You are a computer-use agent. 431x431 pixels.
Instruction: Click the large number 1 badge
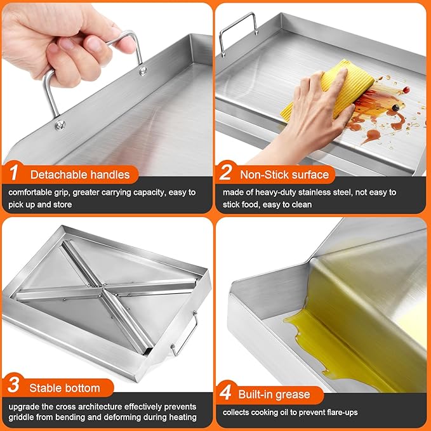(x=14, y=173)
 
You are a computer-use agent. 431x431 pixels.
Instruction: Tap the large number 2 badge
(x=225, y=172)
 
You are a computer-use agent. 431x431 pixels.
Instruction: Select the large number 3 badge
(x=13, y=385)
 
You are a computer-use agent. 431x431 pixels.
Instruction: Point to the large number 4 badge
(x=225, y=392)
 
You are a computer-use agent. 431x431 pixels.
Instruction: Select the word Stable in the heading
(x=45, y=388)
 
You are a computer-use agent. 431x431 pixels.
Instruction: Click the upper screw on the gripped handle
(x=143, y=71)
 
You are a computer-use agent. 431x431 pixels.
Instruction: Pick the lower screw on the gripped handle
(x=60, y=125)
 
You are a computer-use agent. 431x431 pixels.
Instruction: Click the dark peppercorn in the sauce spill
(x=395, y=108)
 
